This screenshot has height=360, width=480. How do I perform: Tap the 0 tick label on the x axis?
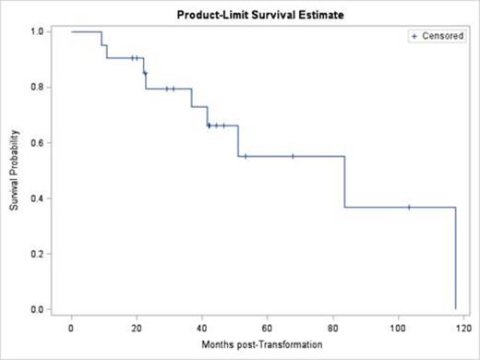(x=71, y=327)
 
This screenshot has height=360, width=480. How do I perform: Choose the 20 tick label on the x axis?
(x=137, y=327)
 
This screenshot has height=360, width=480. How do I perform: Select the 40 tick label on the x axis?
(x=202, y=327)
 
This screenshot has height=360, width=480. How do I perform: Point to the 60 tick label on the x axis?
(x=267, y=327)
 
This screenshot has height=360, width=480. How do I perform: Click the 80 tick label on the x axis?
(x=332, y=327)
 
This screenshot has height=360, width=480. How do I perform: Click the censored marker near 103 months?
(x=409, y=208)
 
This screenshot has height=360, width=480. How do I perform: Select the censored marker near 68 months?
(x=293, y=156)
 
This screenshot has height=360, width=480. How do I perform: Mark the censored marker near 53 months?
(x=245, y=156)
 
